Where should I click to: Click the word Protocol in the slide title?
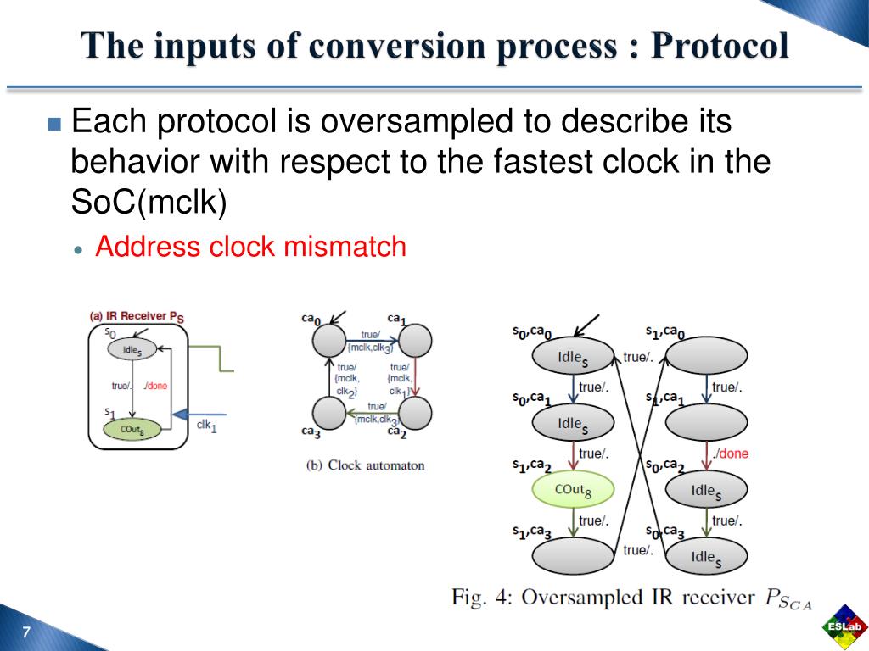(720, 46)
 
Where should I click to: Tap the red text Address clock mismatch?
(250, 247)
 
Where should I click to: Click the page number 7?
(26, 632)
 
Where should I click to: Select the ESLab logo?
(844, 628)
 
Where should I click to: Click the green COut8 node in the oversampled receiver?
(573, 489)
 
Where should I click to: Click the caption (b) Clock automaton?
(365, 465)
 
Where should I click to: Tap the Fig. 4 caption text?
(631, 598)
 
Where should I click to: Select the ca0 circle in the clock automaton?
(328, 342)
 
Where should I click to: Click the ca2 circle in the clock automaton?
(415, 413)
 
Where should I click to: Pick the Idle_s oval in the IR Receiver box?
(132, 349)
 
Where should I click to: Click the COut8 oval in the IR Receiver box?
(132, 430)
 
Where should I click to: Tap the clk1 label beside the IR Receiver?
(206, 426)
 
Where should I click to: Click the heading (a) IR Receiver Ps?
(136, 316)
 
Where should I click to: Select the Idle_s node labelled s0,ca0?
(573, 356)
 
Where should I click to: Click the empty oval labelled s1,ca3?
(573, 556)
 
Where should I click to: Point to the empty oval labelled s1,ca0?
(706, 356)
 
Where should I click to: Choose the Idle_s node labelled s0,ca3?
(706, 557)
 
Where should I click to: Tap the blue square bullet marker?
(55, 124)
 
